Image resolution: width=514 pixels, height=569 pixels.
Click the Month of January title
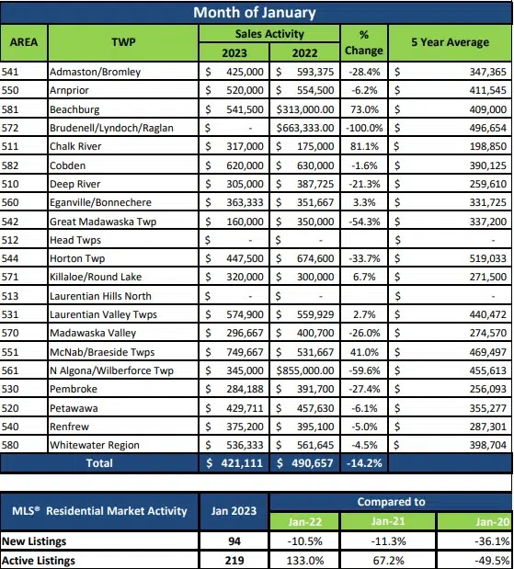click(x=255, y=12)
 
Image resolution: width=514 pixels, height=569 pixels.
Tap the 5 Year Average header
click(x=449, y=42)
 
